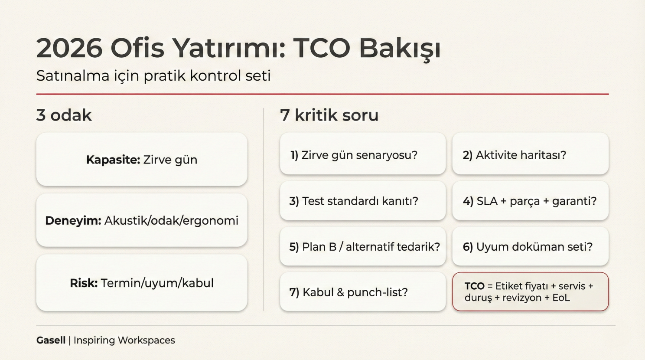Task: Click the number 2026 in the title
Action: click(69, 48)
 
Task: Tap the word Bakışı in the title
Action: click(400, 48)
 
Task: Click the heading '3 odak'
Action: click(64, 115)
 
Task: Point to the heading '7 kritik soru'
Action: click(329, 115)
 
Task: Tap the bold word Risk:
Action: click(84, 283)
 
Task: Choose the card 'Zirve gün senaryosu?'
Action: click(362, 155)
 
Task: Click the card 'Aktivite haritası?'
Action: click(530, 155)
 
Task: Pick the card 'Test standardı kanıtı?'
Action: click(362, 201)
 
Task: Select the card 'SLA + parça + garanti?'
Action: click(530, 201)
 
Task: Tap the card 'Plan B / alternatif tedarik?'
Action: click(362, 247)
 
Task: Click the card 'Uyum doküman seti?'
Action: click(530, 247)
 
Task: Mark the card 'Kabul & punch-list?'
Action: click(362, 292)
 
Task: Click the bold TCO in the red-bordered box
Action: click(474, 286)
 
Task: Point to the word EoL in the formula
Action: click(561, 298)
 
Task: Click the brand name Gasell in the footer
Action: click(51, 340)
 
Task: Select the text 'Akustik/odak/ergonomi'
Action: click(171, 221)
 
